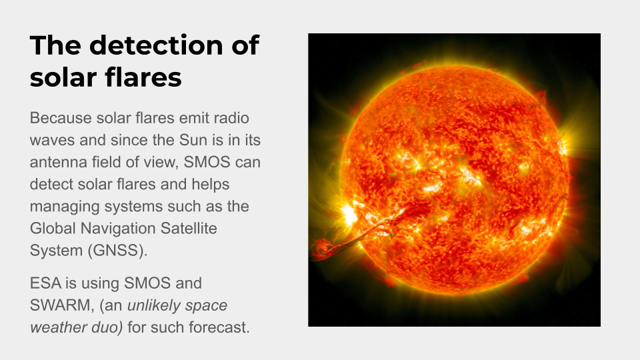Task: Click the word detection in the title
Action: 156,45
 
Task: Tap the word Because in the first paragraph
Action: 61,118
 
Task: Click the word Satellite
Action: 189,228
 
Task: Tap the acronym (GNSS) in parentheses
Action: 117,251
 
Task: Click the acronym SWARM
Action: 62,305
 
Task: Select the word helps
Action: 211,185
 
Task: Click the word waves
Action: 52,140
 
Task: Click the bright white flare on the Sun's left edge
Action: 348,213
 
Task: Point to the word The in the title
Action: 55,45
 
